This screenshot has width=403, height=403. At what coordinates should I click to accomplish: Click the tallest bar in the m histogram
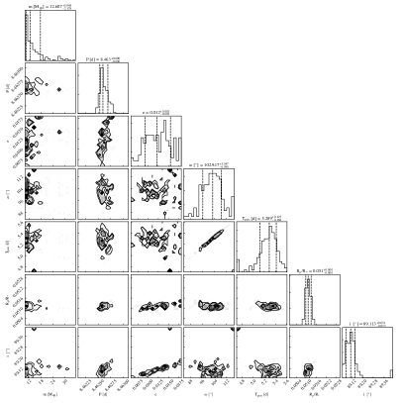(x=29, y=30)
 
